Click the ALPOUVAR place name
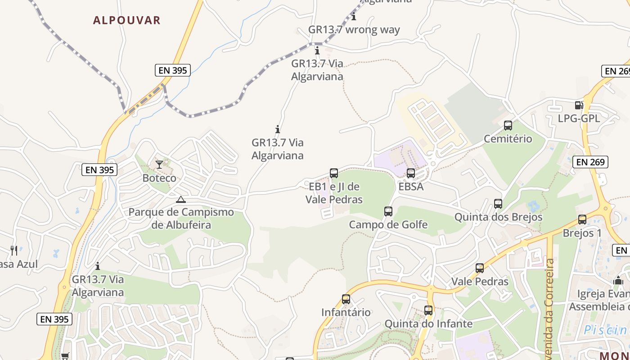click(x=126, y=20)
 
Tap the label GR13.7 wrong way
click(x=354, y=30)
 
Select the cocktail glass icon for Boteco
click(x=159, y=165)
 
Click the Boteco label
click(x=159, y=178)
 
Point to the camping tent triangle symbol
click(x=181, y=200)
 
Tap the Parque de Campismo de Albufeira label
click(x=181, y=218)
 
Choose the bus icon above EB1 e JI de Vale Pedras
click(x=334, y=173)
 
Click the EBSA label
click(x=411, y=186)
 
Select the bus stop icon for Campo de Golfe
click(x=388, y=211)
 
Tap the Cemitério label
click(x=508, y=139)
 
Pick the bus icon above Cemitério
click(x=508, y=126)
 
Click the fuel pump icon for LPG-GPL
click(x=579, y=105)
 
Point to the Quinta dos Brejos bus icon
click(x=498, y=204)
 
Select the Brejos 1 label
click(x=582, y=233)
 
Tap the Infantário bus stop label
click(x=346, y=312)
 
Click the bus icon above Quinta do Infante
click(x=428, y=310)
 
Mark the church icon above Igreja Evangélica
click(x=618, y=280)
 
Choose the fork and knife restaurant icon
click(x=14, y=250)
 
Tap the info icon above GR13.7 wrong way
click(x=354, y=17)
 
